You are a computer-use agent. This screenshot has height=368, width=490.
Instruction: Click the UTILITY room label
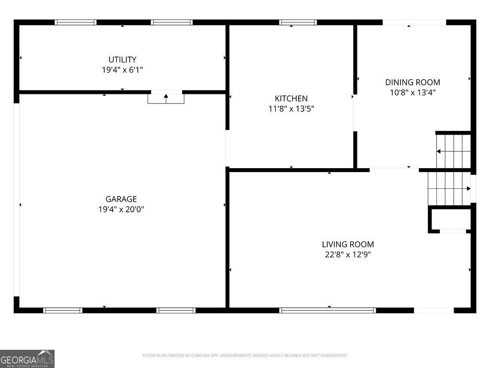122,59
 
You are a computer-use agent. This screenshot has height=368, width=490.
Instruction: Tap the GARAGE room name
121,199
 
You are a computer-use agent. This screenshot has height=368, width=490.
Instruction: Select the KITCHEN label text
291,99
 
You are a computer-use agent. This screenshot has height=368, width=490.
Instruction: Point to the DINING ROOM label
412,82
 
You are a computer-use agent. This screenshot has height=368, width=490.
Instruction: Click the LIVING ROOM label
348,244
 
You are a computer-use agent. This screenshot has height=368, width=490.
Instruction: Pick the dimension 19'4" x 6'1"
122,70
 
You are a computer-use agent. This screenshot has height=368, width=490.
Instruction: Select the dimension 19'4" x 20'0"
121,209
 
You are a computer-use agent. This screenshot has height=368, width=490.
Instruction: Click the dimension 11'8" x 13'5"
291,109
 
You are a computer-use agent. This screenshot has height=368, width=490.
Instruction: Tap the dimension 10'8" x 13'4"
412,92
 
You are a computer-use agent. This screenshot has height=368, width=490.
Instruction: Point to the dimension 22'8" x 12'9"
348,254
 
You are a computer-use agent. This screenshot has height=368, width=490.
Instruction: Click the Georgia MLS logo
27,359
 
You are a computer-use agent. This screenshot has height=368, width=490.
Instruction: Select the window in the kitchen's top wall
298,22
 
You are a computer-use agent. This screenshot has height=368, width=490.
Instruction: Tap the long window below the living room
327,310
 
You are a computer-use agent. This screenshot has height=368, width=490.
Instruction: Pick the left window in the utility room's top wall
75,22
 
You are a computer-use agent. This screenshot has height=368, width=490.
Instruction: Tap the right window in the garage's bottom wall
176,310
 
